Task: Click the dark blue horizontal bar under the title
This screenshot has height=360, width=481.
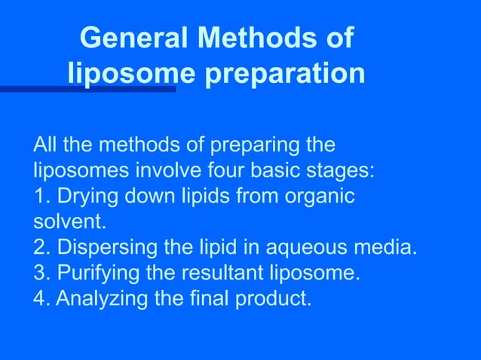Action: pos(87,89)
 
